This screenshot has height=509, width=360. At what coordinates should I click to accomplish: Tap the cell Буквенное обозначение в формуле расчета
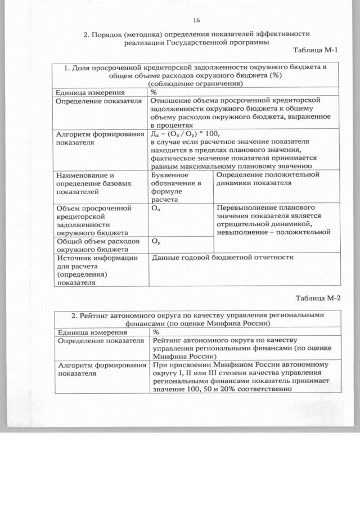coord(179,187)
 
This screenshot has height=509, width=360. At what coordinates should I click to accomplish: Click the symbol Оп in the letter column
coord(156,208)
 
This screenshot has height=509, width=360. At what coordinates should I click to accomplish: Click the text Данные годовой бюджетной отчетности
coord(223,258)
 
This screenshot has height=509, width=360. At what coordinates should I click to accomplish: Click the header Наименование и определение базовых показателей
coord(95,183)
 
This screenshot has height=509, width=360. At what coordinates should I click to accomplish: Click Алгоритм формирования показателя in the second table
coord(97,369)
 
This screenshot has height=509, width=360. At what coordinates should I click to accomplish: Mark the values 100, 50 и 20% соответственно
coord(222,390)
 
